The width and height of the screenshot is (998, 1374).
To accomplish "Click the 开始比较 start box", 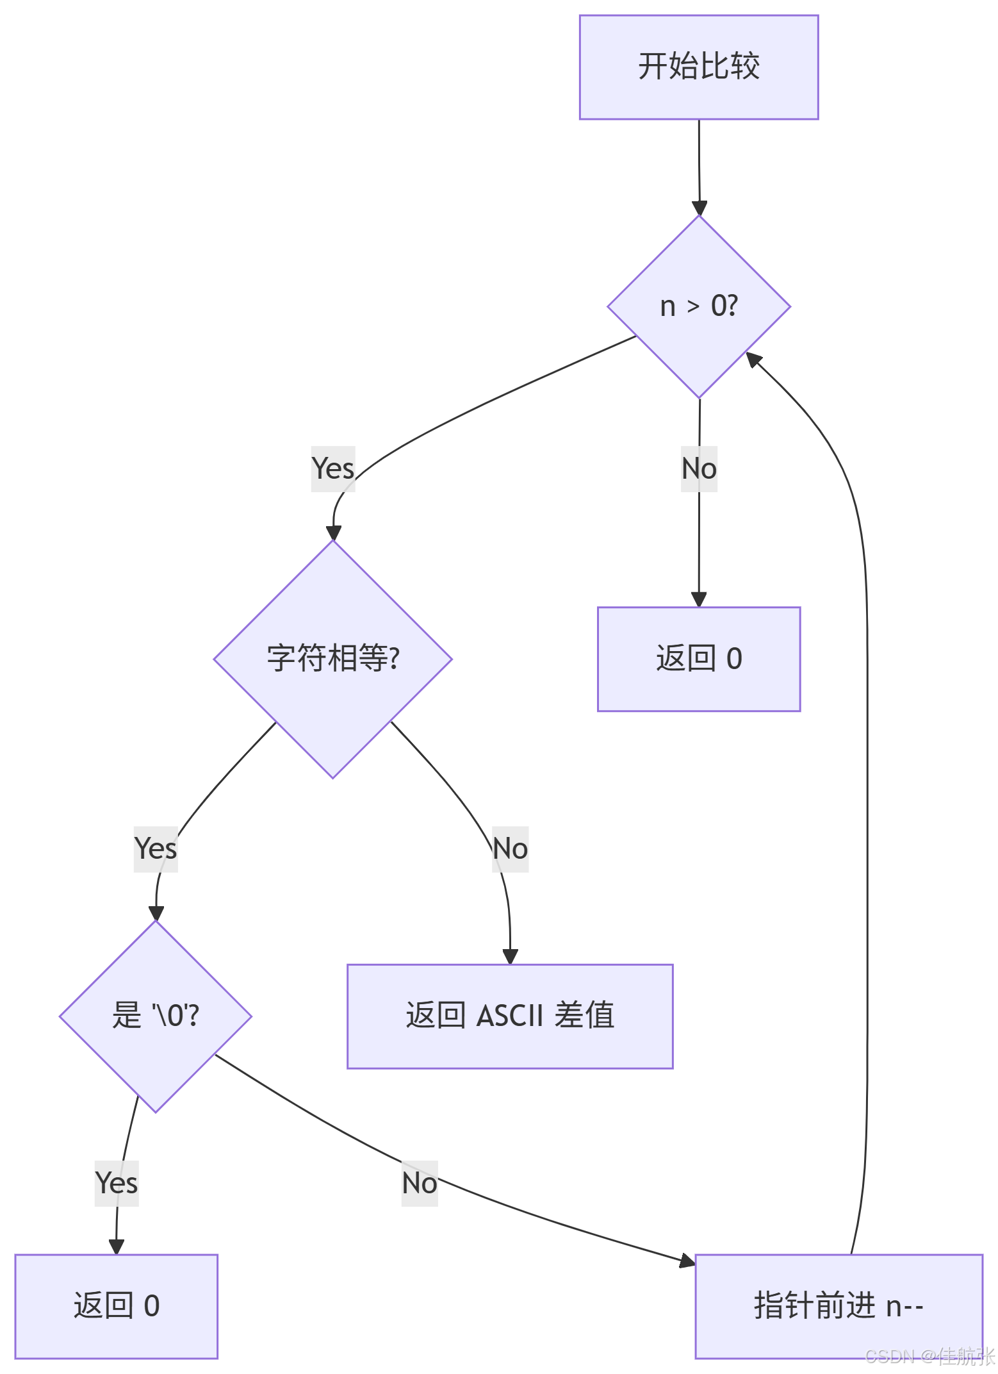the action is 699,67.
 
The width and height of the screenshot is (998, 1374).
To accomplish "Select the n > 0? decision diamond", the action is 699,306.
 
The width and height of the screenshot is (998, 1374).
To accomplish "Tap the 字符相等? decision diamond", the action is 333,659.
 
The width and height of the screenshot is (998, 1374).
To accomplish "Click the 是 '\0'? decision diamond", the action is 156,1016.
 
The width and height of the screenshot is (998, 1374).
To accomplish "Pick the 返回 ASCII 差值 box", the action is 510,1016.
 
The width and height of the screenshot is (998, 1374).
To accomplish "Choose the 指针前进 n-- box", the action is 839,1306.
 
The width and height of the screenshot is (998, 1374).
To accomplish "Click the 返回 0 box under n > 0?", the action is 699,659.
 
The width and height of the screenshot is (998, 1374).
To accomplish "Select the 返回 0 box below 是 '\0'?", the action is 117,1306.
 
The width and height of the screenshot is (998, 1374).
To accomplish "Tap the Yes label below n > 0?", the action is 333,468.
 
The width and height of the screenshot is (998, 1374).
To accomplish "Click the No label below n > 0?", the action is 699,468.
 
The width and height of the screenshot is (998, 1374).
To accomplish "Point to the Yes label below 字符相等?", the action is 156,848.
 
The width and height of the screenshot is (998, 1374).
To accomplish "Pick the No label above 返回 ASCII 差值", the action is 510,848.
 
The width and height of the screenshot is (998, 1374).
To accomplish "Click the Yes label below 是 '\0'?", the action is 117,1183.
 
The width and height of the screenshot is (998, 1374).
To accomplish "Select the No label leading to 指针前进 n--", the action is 420,1183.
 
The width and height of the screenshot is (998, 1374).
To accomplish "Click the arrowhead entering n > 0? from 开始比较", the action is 699,209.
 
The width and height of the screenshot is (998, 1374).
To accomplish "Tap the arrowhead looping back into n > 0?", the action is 753,359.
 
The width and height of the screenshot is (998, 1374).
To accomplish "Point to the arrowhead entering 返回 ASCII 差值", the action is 510,957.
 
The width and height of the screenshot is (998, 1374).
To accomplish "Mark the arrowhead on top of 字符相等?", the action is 333,533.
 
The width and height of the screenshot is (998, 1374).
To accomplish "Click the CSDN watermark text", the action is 930,1356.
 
